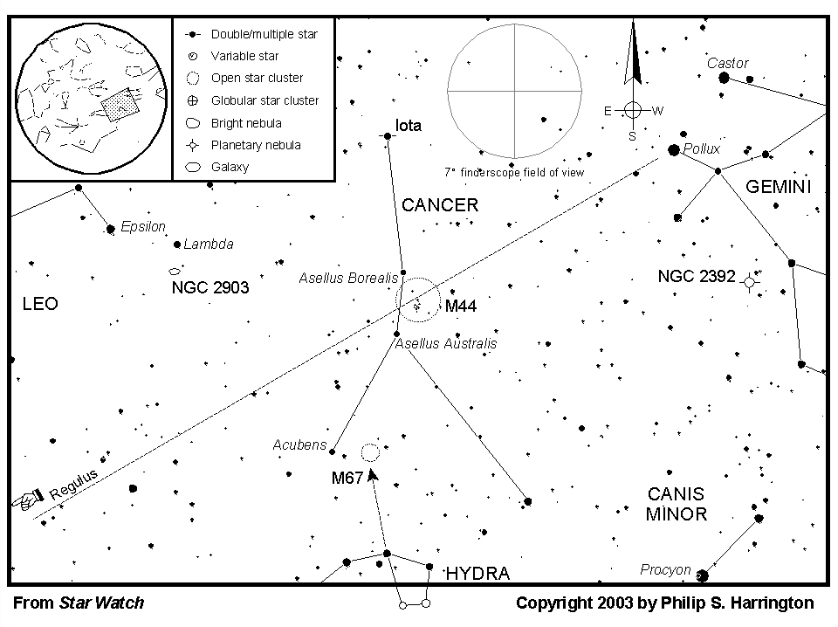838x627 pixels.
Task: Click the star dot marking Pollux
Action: pyautogui.click(x=674, y=150)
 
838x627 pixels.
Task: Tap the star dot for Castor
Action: pyautogui.click(x=725, y=78)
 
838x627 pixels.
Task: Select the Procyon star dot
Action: pyautogui.click(x=703, y=575)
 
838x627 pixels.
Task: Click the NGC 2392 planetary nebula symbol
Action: pyautogui.click(x=750, y=282)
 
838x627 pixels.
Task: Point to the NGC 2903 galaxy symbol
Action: pyautogui.click(x=175, y=272)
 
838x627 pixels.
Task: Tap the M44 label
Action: pyautogui.click(x=461, y=307)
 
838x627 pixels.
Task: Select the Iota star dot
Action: pyautogui.click(x=388, y=136)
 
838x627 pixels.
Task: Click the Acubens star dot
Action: pyautogui.click(x=332, y=451)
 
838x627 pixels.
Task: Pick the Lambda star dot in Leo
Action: pyautogui.click(x=177, y=245)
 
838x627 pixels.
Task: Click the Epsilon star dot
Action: pyautogui.click(x=111, y=230)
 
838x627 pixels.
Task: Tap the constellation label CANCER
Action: pyautogui.click(x=440, y=205)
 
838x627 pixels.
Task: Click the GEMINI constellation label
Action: pyautogui.click(x=778, y=187)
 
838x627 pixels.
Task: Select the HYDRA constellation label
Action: pyautogui.click(x=477, y=574)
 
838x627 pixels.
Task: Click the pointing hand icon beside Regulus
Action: pyautogui.click(x=28, y=499)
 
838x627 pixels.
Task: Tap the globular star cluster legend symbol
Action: pyautogui.click(x=193, y=100)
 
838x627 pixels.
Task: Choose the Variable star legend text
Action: pyautogui.click(x=244, y=56)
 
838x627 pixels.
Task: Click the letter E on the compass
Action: pyautogui.click(x=608, y=111)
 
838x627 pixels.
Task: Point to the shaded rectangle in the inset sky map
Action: pyautogui.click(x=120, y=105)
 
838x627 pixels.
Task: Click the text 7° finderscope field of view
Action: pyautogui.click(x=514, y=173)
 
